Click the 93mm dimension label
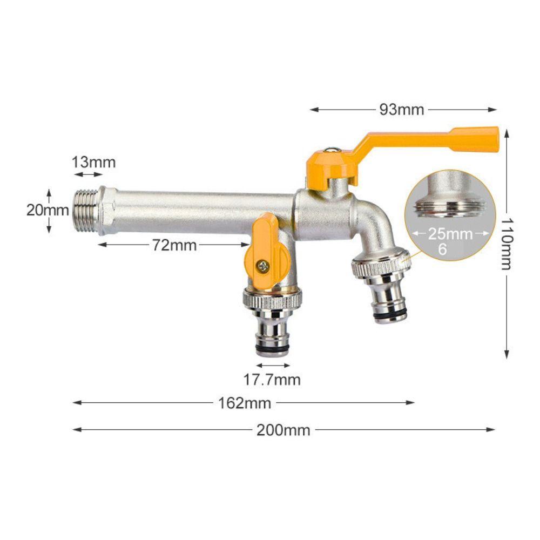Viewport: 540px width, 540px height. [402, 110]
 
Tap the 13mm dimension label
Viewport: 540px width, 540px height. [94, 161]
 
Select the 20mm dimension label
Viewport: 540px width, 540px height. [48, 210]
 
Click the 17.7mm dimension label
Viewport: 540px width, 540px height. [272, 380]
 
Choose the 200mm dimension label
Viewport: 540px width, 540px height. [283, 430]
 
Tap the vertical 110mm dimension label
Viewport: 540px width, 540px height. [507, 243]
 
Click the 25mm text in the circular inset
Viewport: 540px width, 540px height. [450, 234]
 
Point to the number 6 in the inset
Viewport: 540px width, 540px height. [443, 249]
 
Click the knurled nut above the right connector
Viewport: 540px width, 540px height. [381, 264]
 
